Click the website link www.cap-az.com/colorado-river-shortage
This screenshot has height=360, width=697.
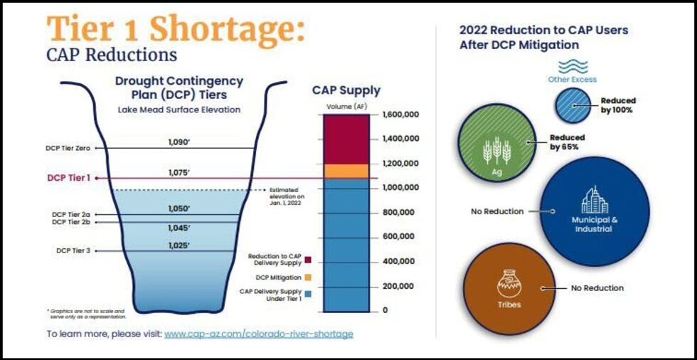pyautogui.click(x=258, y=334)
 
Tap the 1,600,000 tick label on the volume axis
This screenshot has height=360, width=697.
pyautogui.click(x=400, y=115)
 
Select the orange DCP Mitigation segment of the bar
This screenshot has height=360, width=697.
pyautogui.click(x=346, y=171)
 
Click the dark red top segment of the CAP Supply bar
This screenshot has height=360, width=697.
pyautogui.click(x=346, y=139)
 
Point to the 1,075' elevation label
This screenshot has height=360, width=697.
pyautogui.click(x=179, y=172)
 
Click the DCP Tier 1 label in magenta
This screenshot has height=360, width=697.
pyautogui.click(x=68, y=178)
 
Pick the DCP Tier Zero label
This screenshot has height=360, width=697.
pyautogui.click(x=68, y=148)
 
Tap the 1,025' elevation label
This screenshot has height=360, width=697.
pyautogui.click(x=179, y=245)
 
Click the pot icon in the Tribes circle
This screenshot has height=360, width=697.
pyautogui.click(x=509, y=283)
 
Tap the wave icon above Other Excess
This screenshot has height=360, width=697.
pyautogui.click(x=573, y=66)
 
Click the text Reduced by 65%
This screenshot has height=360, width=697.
pyautogui.click(x=567, y=142)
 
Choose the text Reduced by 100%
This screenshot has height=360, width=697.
pyautogui.click(x=617, y=105)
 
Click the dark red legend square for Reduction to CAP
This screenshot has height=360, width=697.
pyautogui.click(x=308, y=260)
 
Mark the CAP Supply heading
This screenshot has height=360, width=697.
pyautogui.click(x=346, y=90)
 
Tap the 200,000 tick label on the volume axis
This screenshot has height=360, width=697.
pyautogui.click(x=397, y=286)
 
